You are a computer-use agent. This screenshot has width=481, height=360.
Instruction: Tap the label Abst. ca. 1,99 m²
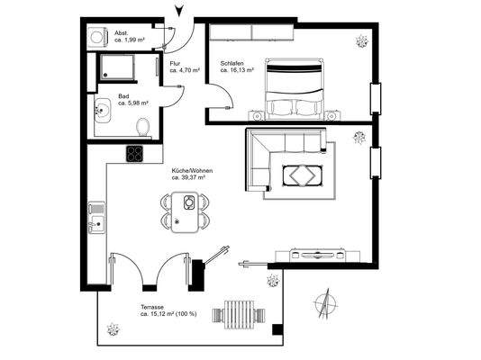[127, 37]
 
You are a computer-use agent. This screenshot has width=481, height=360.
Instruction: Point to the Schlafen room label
[237, 67]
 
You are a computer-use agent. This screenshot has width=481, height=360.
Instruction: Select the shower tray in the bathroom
[117, 67]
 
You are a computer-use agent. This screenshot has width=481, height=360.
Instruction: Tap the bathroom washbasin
[101, 113]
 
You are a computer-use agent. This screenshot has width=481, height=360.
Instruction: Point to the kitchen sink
[96, 219]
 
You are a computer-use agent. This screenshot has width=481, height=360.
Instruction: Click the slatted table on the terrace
[240, 314]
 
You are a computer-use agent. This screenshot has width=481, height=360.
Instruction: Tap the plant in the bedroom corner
[362, 40]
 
